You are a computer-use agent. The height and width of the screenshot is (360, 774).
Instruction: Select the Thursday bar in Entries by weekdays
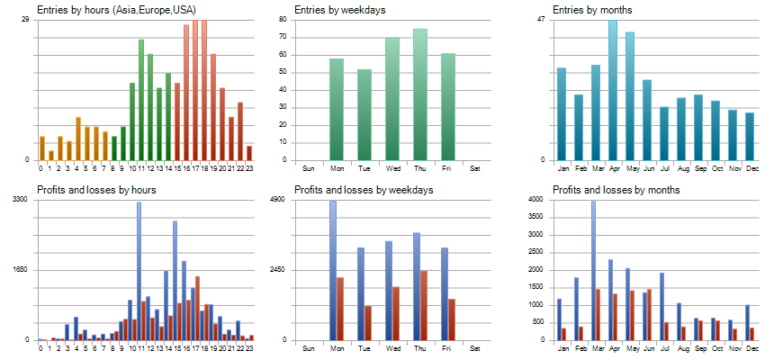coord(419,94)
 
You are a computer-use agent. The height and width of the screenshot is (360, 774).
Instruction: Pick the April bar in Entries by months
coord(613,90)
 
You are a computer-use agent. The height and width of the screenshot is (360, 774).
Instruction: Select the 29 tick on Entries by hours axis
coord(25,19)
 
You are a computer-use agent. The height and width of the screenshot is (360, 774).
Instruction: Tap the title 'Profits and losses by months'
coord(616,190)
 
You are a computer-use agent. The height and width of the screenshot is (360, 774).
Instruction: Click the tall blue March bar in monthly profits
coord(592,270)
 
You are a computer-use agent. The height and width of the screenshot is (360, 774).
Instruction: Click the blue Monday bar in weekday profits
coord(332,270)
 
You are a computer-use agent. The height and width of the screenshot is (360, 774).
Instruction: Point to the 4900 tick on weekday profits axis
coord(277,199)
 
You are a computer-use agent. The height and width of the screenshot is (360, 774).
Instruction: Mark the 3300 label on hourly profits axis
coord(21,199)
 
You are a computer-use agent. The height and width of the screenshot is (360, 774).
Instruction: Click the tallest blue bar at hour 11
coord(139,270)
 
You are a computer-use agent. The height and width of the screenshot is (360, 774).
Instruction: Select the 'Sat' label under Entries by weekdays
coord(474,168)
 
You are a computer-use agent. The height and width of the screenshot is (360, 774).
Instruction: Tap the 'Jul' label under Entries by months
coord(664,168)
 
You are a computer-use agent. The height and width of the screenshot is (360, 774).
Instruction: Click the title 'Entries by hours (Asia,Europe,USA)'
coord(110,10)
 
